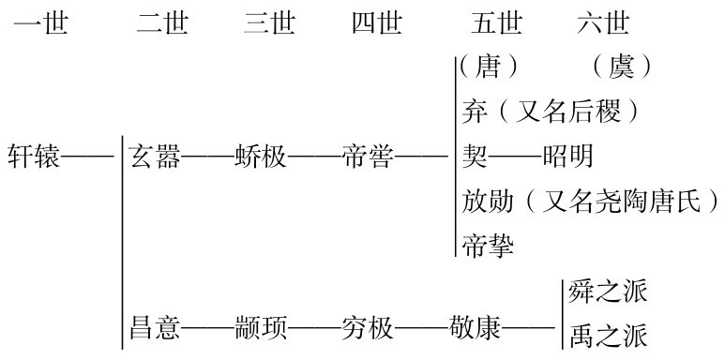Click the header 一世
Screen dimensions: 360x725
[41, 22]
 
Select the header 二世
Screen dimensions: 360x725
[162, 22]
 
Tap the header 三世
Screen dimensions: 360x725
[270, 22]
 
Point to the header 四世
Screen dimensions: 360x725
[377, 22]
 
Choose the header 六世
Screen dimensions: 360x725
[604, 22]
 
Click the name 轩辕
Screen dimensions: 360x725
[33, 156]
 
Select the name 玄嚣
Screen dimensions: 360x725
[155, 156]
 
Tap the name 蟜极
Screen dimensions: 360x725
[261, 156]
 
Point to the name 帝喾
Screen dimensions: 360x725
[368, 156]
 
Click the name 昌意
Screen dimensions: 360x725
[155, 330]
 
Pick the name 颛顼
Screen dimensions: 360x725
[261, 330]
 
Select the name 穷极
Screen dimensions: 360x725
[368, 330]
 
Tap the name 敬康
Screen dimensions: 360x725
[476, 330]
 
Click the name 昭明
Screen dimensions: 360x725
[568, 156]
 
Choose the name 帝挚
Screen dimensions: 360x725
[488, 246]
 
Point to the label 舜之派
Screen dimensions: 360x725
[608, 292]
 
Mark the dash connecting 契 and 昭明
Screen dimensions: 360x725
[515, 156]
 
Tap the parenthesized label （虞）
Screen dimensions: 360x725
[621, 67]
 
